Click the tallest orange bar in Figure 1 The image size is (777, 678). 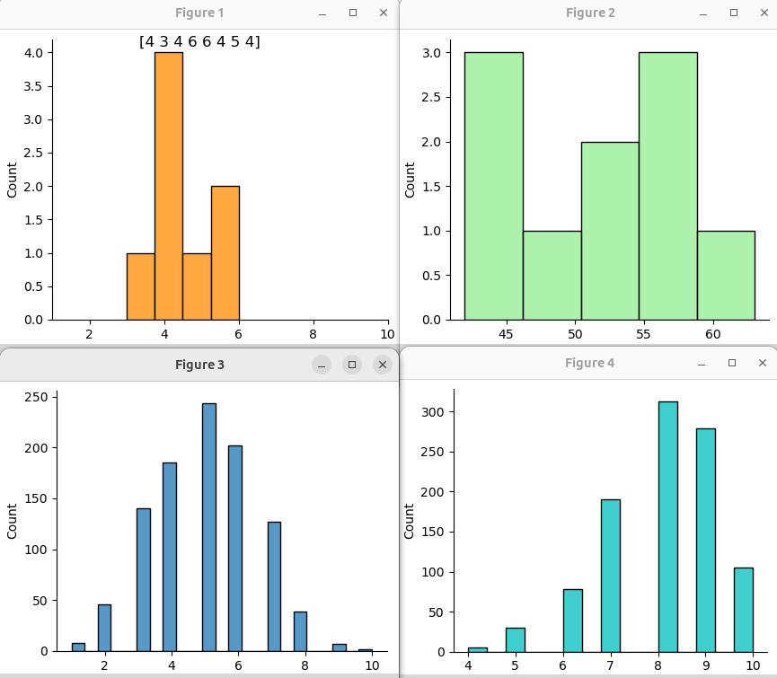(x=169, y=185)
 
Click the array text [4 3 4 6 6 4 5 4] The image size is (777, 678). (x=199, y=41)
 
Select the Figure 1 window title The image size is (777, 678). (x=199, y=13)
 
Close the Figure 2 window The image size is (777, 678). (x=763, y=13)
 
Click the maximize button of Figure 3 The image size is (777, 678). (x=352, y=364)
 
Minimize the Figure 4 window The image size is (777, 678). (x=702, y=364)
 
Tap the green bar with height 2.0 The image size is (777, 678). (x=610, y=230)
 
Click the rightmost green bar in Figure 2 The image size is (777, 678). (x=726, y=275)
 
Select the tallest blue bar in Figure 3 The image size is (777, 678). (x=209, y=527)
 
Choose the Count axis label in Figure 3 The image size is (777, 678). (x=13, y=521)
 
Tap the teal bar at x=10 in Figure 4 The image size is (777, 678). (x=743, y=610)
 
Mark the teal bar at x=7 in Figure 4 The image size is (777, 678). (x=610, y=576)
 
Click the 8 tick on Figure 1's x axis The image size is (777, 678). (x=313, y=334)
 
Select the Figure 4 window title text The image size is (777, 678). (x=589, y=363)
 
